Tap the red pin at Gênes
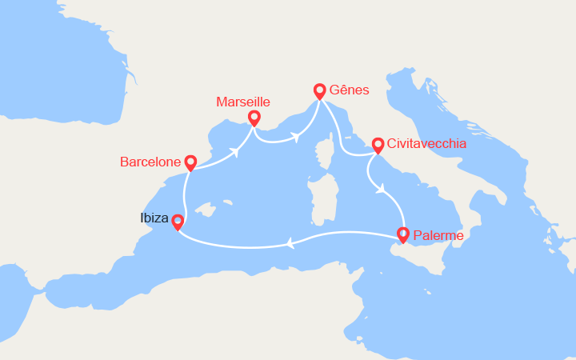[x=319, y=91]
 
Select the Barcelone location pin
[x=190, y=162]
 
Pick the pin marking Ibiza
[x=178, y=222]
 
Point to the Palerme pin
[x=402, y=234]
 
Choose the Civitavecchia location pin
[x=378, y=145]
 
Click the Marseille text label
[x=243, y=102]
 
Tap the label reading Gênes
[x=349, y=90]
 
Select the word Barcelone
[x=150, y=162]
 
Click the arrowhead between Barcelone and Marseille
[x=237, y=151]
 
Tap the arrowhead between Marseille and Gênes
[x=295, y=137]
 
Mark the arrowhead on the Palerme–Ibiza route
[x=290, y=243]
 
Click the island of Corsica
[x=324, y=157]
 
